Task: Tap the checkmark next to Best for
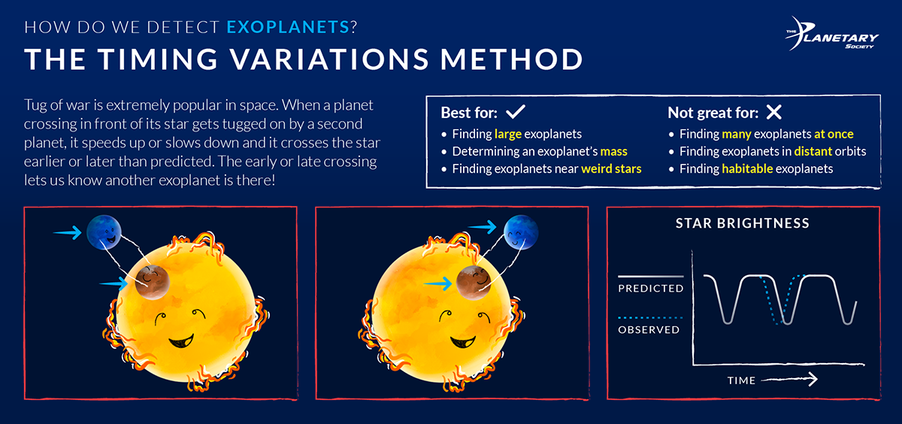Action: click(515, 113)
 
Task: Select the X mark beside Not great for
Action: click(773, 113)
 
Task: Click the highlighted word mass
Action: click(613, 151)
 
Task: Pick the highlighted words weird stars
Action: click(611, 168)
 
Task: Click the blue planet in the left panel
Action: click(103, 232)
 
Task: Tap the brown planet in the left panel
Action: click(153, 282)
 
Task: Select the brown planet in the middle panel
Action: click(474, 282)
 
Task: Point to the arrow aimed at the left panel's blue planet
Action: click(67, 234)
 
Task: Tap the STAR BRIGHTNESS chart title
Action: click(742, 223)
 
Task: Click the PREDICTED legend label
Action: click(650, 289)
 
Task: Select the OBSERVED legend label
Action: click(649, 329)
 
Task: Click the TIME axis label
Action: click(741, 380)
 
